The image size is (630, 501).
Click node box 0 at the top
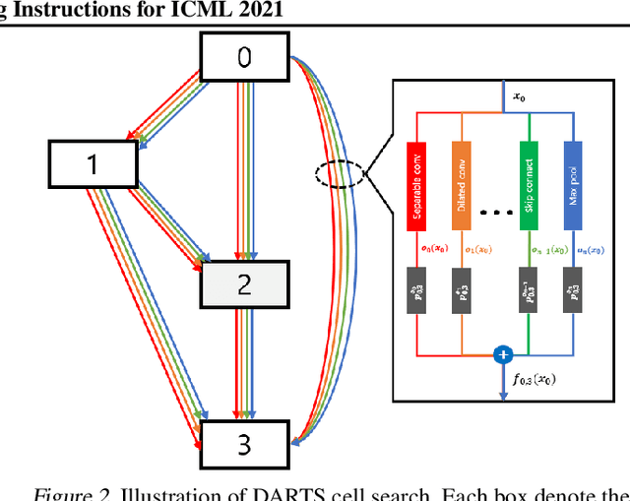click(243, 58)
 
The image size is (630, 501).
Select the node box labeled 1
click(93, 163)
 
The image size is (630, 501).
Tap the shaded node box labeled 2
click(243, 285)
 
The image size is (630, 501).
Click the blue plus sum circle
click(503, 353)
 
